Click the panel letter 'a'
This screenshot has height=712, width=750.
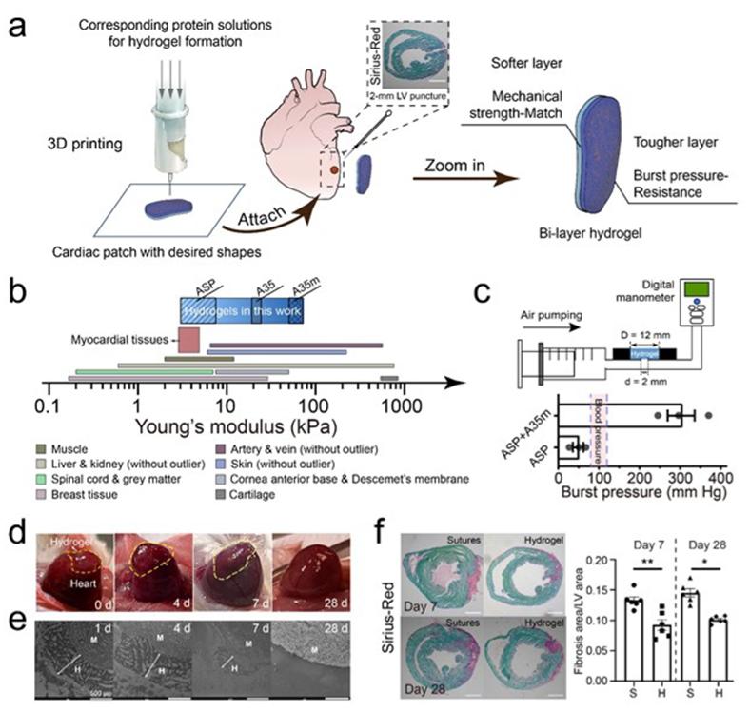18,21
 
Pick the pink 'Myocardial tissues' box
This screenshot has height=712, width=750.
188,340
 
